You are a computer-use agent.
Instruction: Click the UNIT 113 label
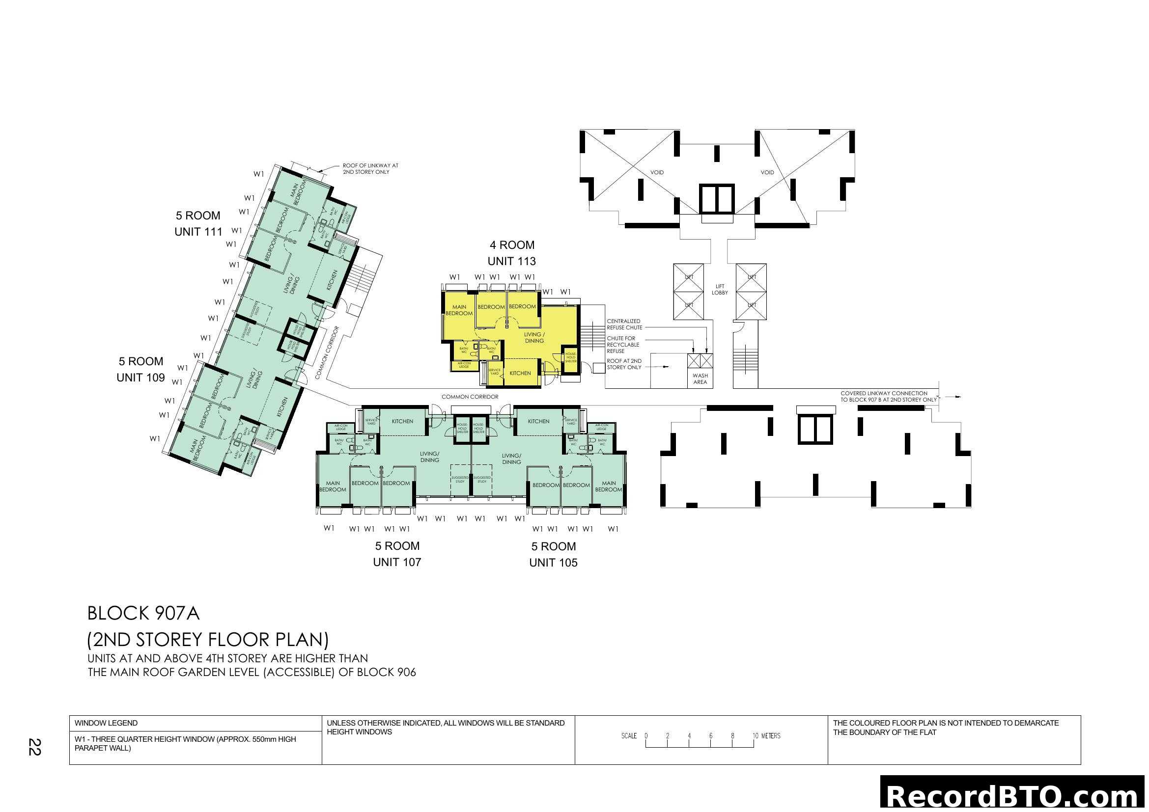[x=511, y=261]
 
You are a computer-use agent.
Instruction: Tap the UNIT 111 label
[x=198, y=232]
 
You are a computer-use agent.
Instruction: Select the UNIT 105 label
[x=553, y=563]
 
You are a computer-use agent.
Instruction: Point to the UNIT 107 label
[x=397, y=562]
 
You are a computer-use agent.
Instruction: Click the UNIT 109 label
[x=140, y=378]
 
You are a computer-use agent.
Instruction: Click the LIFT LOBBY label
[x=720, y=290]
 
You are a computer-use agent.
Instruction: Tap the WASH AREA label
[x=700, y=379]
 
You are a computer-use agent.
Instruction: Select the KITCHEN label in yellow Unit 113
[x=520, y=373]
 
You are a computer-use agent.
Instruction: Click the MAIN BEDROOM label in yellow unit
[x=459, y=310]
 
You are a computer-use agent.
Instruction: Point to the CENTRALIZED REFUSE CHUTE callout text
[x=624, y=324]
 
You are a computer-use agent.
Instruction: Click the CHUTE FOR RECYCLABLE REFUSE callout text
[x=622, y=345]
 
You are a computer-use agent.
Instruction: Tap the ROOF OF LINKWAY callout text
[x=370, y=168]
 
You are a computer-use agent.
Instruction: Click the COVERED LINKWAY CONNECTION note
[x=888, y=396]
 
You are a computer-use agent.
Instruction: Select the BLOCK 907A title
[x=143, y=613]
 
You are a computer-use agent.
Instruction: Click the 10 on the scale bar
[x=755, y=735]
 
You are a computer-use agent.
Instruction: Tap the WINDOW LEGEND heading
[x=106, y=723]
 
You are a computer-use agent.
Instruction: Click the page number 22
[x=34, y=747]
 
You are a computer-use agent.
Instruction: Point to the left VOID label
[x=657, y=172]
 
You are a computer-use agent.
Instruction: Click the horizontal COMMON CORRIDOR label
[x=470, y=397]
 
